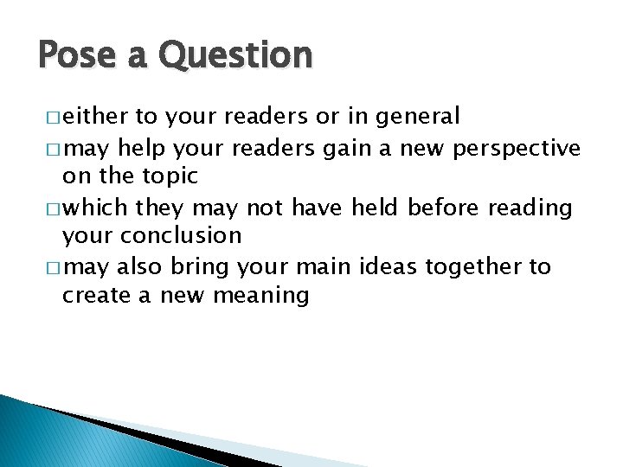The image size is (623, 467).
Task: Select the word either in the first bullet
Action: click(96, 116)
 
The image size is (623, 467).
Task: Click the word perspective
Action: click(514, 148)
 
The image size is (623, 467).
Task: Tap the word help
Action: click(144, 148)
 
